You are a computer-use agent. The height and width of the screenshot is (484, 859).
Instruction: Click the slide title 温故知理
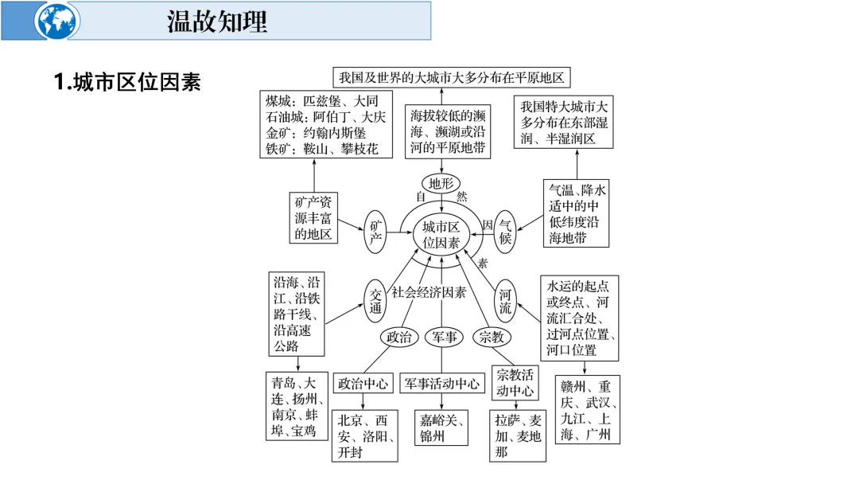coord(216,21)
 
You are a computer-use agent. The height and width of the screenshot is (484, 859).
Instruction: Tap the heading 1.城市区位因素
coord(127,82)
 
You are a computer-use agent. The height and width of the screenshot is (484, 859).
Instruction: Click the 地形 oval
coord(441,183)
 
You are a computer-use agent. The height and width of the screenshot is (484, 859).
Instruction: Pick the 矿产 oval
coord(376,232)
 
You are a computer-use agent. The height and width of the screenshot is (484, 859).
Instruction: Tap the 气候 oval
coord(506,232)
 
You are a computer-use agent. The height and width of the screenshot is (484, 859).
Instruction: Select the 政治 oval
coord(398,337)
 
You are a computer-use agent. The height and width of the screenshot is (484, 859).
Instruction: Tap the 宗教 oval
coord(492,337)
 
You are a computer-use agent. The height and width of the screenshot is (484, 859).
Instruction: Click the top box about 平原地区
coord(451,77)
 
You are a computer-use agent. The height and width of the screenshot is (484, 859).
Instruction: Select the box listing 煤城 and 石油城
coord(326,125)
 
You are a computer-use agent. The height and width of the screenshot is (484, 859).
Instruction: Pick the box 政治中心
coord(363,383)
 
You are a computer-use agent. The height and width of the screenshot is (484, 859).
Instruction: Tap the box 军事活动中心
coord(441,383)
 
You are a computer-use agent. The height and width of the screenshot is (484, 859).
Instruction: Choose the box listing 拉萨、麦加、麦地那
coord(518,435)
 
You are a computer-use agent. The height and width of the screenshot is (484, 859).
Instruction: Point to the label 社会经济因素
coord(429,292)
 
